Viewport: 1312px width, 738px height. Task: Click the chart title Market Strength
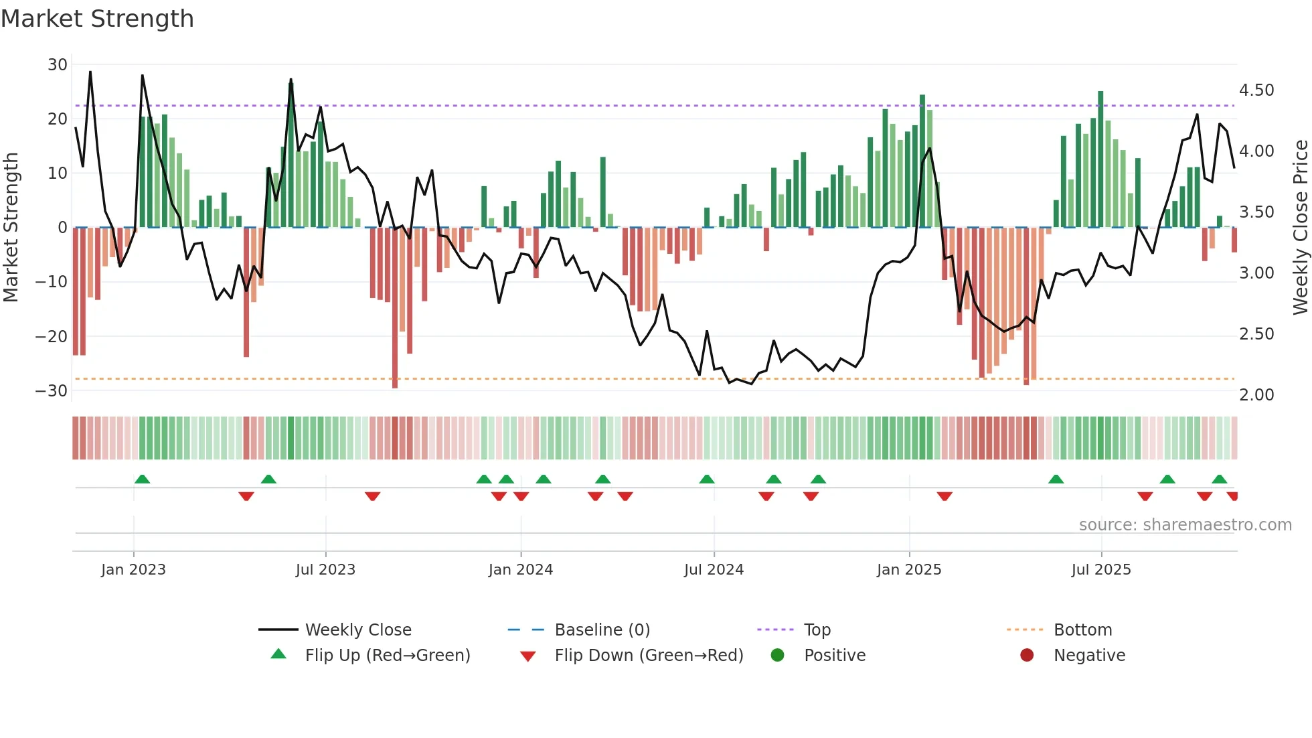[x=97, y=19]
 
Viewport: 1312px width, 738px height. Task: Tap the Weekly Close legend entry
[x=358, y=630]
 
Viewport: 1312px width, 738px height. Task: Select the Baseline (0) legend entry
[x=602, y=630]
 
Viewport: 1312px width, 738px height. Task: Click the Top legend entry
[x=817, y=630]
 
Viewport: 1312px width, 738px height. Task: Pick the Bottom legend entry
[x=1082, y=630]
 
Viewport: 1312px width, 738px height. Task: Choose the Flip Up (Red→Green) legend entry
[x=387, y=656]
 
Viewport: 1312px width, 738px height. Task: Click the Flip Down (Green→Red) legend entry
[x=648, y=656]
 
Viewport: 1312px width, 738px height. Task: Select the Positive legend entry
[x=834, y=656]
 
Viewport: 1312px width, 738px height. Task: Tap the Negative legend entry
[x=1089, y=656]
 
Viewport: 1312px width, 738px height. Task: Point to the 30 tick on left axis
[x=58, y=65]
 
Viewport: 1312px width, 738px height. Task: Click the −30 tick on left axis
[x=52, y=391]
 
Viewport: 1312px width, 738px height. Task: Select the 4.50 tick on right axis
[x=1256, y=90]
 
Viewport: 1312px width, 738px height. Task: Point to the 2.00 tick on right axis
[x=1256, y=395]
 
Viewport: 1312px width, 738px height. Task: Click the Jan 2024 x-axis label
[x=521, y=570]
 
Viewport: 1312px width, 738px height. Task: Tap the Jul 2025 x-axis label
[x=1101, y=570]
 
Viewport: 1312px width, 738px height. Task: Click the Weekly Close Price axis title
[x=1300, y=228]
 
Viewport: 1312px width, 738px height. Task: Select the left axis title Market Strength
[x=11, y=228]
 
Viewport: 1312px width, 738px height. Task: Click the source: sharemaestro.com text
[x=1185, y=525]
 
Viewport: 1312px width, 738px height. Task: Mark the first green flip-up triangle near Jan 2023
[x=142, y=479]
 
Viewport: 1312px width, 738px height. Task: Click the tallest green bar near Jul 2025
[x=1100, y=159]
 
